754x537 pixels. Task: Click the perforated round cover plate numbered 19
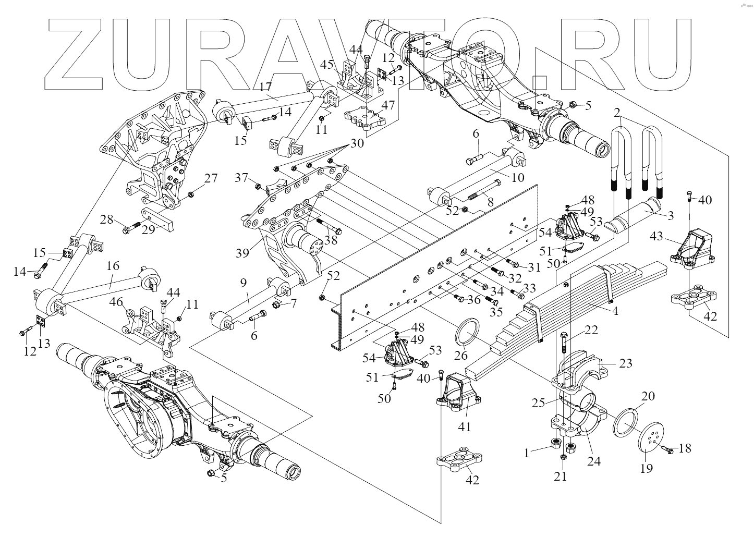click(x=652, y=440)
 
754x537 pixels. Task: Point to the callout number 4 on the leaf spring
click(x=615, y=312)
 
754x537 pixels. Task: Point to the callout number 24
click(x=594, y=460)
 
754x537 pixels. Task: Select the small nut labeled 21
click(x=563, y=457)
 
